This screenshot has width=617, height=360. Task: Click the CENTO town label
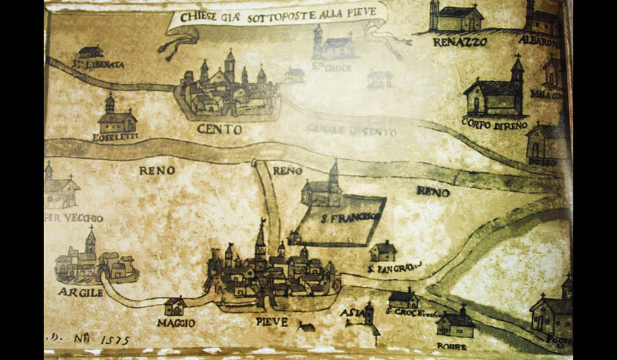pos(219,129)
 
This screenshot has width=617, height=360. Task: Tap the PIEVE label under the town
pos(271,321)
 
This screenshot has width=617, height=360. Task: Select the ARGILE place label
pos(80,292)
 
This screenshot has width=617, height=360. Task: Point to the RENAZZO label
pos(460,42)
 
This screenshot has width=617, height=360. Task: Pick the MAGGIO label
pos(175,323)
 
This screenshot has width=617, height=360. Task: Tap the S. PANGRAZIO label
pos(395,266)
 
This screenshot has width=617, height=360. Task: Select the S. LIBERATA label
pos(98,64)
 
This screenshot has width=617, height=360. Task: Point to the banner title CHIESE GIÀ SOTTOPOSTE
pos(276,17)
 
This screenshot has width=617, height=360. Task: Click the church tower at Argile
pos(90,243)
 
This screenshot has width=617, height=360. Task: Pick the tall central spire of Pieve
pos(260,238)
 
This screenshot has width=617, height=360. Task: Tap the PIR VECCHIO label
pos(73,218)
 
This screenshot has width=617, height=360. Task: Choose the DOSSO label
pos(542,162)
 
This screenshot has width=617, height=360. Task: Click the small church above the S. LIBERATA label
pos(91,51)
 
